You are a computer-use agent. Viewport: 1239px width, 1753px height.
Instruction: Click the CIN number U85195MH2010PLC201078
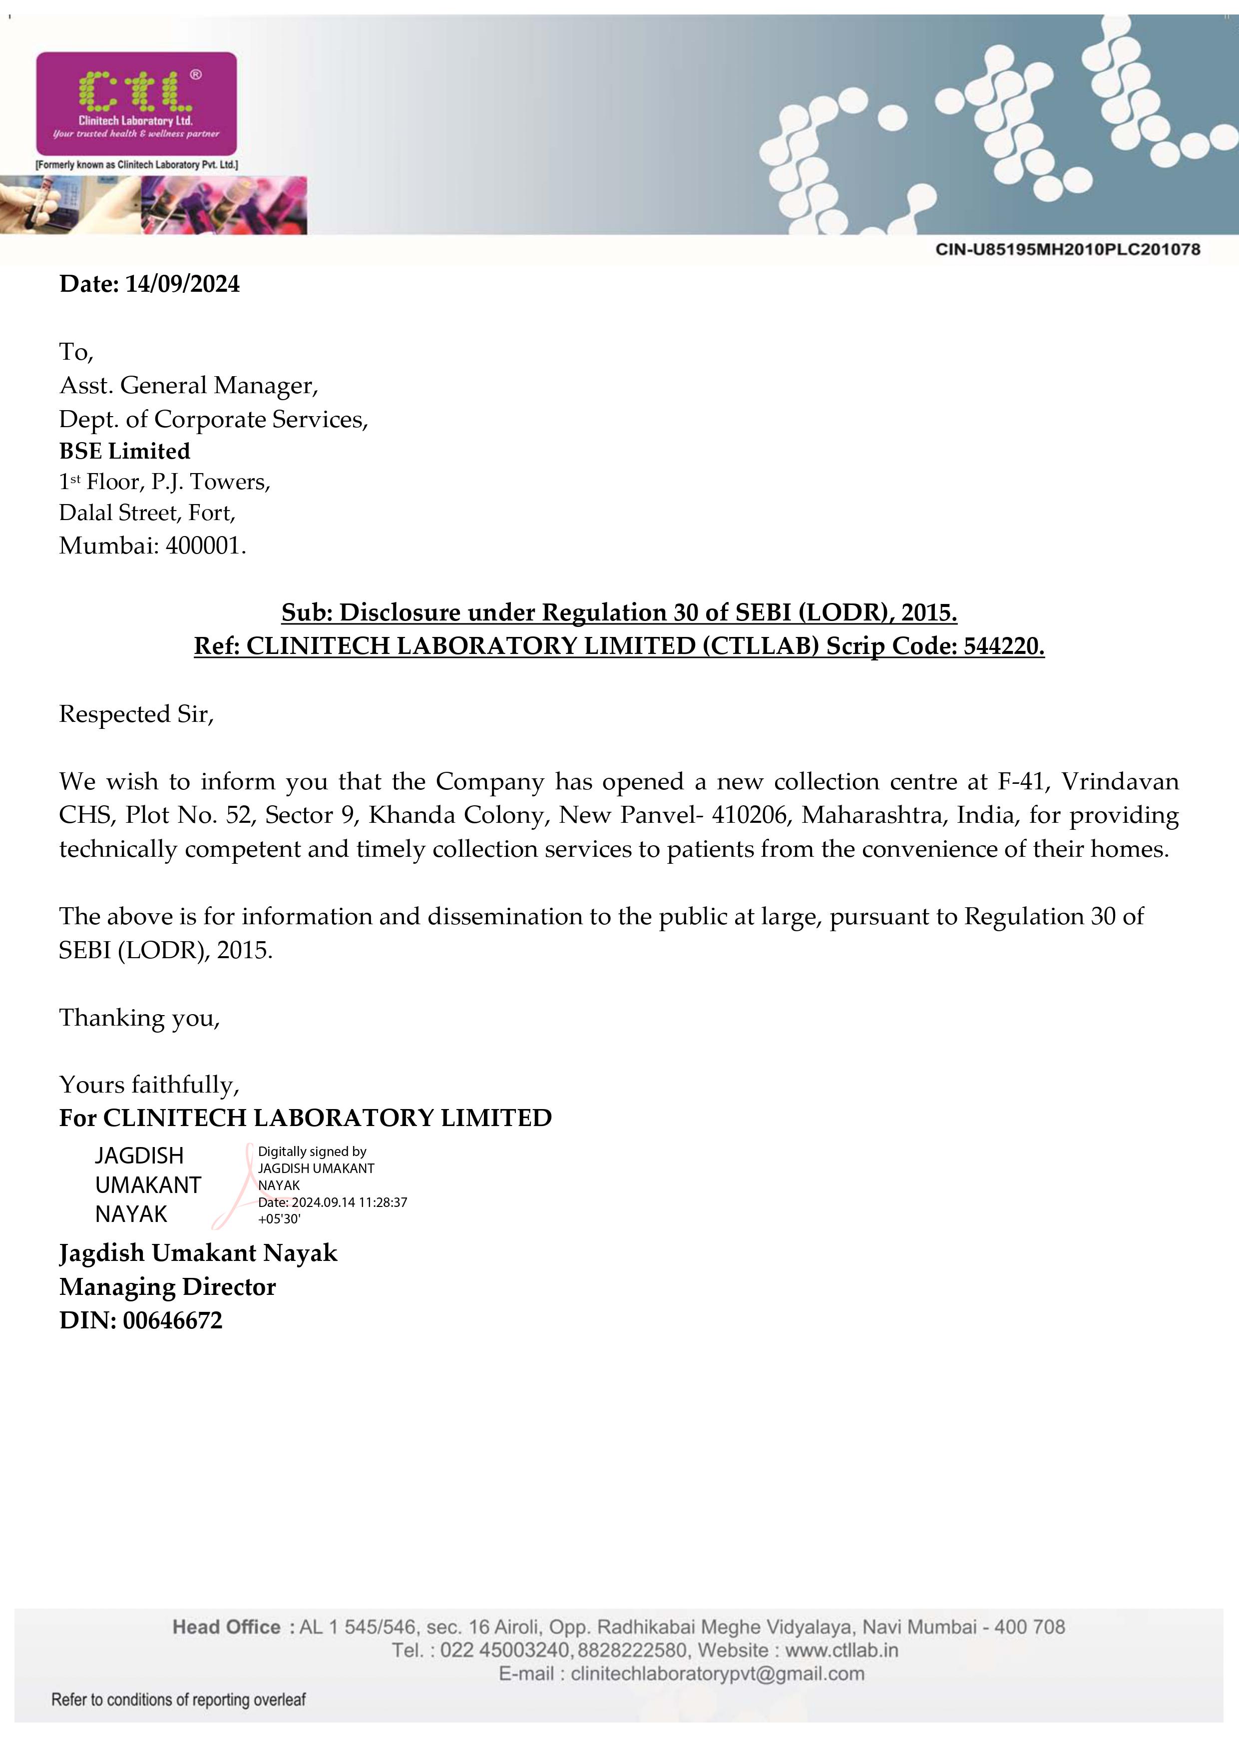[1067, 250]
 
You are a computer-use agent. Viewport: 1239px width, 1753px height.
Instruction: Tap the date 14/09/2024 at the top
[182, 285]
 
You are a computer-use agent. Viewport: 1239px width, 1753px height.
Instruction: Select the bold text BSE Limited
[124, 451]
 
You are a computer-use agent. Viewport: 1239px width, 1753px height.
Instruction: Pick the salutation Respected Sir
[136, 714]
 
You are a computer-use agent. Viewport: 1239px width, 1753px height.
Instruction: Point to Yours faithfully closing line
[149, 1085]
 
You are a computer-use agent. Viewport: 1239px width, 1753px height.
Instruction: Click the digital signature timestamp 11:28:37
[383, 1202]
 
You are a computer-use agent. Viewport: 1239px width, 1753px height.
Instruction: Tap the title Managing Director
[167, 1287]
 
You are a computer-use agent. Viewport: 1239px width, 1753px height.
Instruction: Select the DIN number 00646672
[172, 1321]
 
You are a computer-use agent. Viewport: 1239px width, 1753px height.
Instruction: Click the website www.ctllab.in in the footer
[841, 1651]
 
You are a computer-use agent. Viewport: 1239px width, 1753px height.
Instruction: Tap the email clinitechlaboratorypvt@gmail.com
[717, 1675]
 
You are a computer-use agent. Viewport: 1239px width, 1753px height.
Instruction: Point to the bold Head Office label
[227, 1627]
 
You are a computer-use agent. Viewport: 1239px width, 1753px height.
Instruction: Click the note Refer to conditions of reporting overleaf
[178, 1700]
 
